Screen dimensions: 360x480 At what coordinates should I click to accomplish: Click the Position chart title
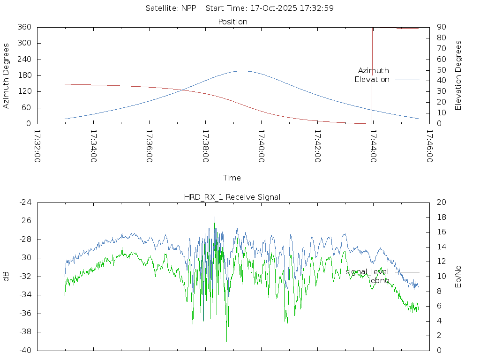tap(232, 22)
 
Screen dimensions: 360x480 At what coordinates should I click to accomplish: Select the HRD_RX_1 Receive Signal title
tap(232, 197)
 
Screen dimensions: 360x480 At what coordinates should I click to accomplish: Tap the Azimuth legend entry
tap(374, 71)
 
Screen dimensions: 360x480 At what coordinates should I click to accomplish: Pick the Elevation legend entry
tap(372, 80)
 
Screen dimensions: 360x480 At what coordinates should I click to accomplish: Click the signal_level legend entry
tap(367, 272)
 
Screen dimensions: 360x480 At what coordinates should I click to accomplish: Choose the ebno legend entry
tap(380, 280)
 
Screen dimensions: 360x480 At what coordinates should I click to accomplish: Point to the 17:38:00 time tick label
tap(206, 146)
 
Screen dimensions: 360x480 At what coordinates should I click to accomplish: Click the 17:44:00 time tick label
tap(373, 146)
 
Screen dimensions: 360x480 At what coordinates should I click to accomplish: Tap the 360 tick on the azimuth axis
tap(24, 27)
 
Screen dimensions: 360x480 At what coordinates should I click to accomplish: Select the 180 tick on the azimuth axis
tap(24, 75)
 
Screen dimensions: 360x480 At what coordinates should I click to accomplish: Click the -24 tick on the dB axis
tap(24, 202)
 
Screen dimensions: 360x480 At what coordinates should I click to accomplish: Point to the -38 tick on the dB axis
tap(24, 332)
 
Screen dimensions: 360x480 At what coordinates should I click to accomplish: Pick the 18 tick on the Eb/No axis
tap(441, 217)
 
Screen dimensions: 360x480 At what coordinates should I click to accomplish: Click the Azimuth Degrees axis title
tap(6, 75)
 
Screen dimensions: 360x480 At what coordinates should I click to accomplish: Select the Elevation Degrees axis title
tap(458, 75)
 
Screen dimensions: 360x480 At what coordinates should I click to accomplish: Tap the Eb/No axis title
tap(458, 277)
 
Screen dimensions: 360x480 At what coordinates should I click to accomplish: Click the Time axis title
tap(232, 178)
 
